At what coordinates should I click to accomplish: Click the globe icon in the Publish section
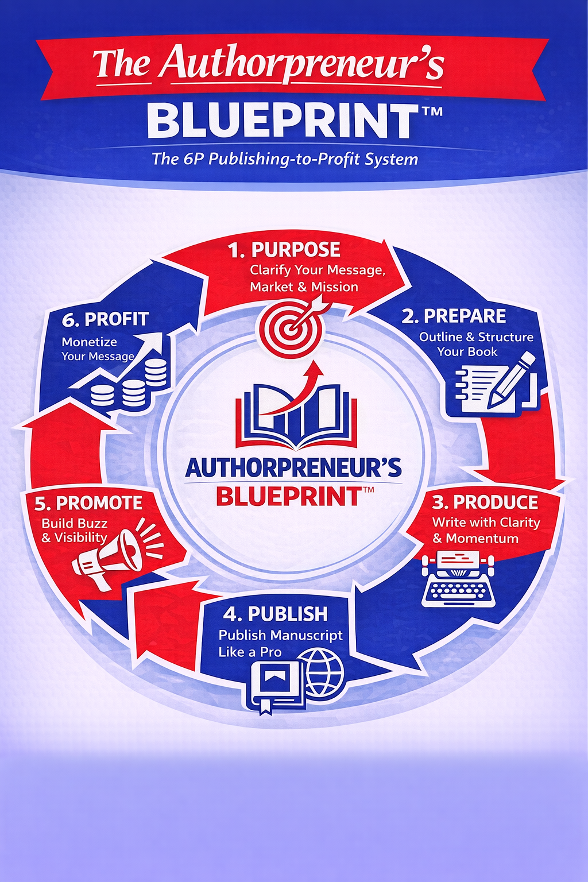click(x=325, y=672)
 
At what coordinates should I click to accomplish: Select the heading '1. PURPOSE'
click(x=284, y=250)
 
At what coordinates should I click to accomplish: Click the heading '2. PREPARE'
click(x=454, y=316)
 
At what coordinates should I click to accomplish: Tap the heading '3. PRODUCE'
click(x=485, y=502)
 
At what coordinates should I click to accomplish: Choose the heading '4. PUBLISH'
click(x=276, y=614)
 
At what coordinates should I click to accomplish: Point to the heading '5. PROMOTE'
click(x=88, y=503)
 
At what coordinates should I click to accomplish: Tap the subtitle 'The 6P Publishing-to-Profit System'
click(x=285, y=159)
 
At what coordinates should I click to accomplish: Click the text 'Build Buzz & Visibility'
click(x=75, y=531)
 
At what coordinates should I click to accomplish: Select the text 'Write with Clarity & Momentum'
click(x=486, y=531)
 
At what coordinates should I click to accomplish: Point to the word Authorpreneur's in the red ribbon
click(x=301, y=63)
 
